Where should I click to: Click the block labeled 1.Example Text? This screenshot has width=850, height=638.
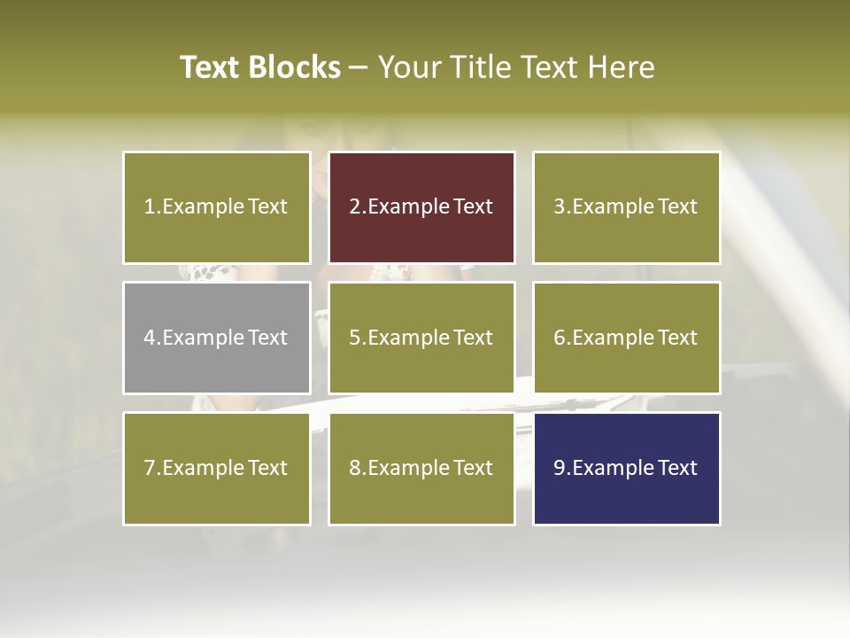pos(217,207)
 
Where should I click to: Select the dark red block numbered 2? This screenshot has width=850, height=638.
pos(421,207)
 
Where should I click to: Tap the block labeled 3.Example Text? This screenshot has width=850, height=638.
pos(626,207)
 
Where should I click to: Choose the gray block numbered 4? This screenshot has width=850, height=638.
pos(217,338)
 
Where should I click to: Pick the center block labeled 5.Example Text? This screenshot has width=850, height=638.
pos(421,338)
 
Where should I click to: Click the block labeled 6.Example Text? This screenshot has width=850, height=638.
pos(626,338)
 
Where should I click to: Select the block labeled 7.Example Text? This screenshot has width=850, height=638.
pos(217,468)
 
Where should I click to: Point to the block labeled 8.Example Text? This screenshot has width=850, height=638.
pos(421,468)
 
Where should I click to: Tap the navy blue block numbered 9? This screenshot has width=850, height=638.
pos(626,468)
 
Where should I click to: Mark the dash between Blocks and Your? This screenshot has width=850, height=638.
pos(359,68)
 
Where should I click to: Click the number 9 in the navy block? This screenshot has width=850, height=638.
pos(559,468)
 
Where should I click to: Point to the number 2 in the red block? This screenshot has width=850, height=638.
pos(354,207)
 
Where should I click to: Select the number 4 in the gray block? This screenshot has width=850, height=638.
pos(150,338)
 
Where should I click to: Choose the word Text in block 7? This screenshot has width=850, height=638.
pos(267,468)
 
